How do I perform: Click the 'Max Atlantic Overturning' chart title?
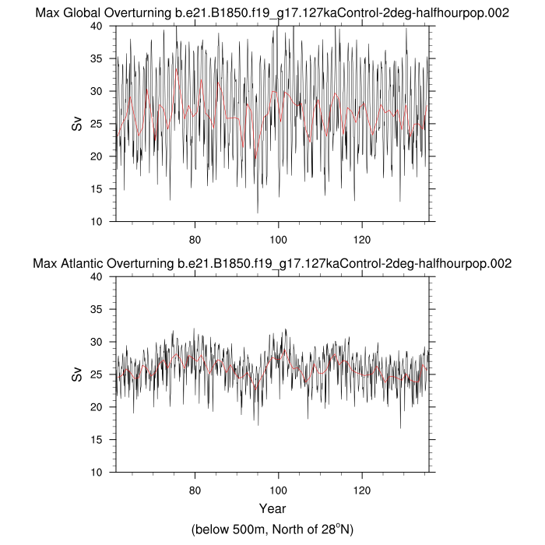point(272,263)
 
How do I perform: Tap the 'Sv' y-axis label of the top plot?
point(77,123)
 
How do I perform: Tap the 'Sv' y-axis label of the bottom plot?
point(77,374)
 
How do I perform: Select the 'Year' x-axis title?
point(272,509)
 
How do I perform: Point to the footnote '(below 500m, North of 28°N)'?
point(272,529)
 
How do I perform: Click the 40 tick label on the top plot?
point(99,26)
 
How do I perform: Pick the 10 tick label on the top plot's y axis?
point(99,222)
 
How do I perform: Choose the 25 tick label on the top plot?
point(99,124)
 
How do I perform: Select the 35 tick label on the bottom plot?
point(99,309)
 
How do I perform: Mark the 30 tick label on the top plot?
point(99,91)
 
